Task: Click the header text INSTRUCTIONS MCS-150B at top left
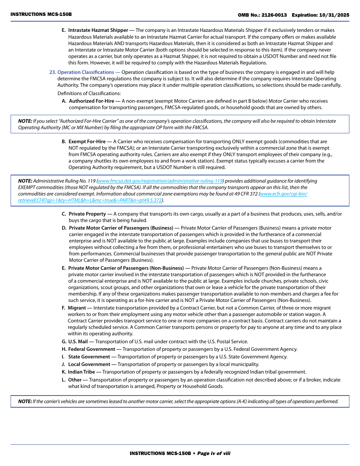[41, 14]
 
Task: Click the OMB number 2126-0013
[273, 15]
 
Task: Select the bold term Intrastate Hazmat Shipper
[98, 30]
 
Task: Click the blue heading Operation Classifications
[85, 72]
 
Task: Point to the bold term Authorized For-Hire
[91, 101]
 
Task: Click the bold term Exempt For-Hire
[87, 142]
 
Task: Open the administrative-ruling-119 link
[160, 181]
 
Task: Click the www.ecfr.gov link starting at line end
[283, 194]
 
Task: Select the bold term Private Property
[87, 214]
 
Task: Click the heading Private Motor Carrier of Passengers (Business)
[121, 228]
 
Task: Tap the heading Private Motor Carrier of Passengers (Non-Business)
[126, 268]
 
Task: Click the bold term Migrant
[77, 308]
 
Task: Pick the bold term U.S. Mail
[78, 342]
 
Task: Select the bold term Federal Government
[91, 349]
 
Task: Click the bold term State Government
[89, 357]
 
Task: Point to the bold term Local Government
[89, 364]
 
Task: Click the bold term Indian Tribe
[81, 372]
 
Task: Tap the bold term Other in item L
[75, 380]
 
